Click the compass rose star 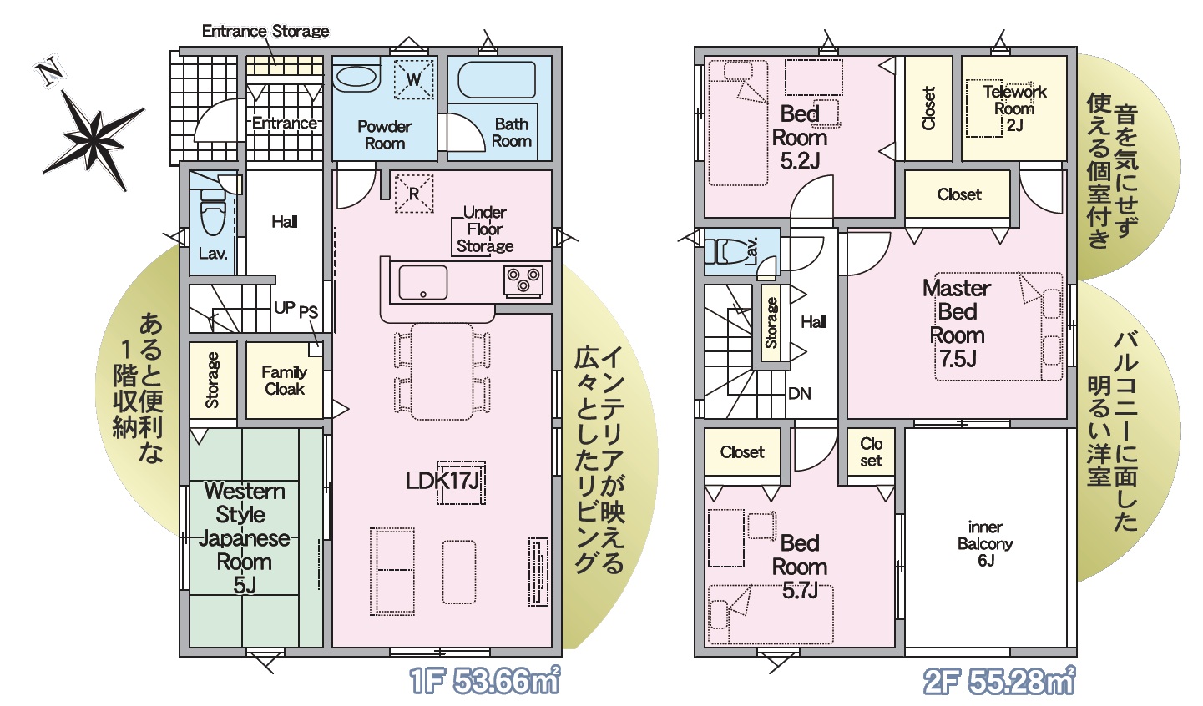point(96,134)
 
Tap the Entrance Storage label point(265,31)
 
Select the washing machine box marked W point(413,79)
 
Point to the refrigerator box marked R point(413,194)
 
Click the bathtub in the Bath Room point(496,80)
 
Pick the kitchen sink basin point(422,282)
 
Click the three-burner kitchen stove point(523,280)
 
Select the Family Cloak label point(284,380)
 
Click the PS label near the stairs point(308,311)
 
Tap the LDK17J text point(442,481)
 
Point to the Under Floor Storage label point(484,229)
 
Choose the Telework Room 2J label point(1014,108)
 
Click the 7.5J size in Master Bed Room point(958,358)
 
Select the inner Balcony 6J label point(985,544)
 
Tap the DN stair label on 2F point(799,394)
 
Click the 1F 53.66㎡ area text point(484,681)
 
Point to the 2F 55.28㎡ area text point(999,681)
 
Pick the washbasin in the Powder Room point(356,76)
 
